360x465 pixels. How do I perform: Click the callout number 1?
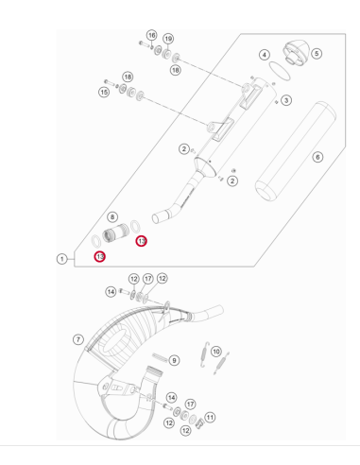pos(62,259)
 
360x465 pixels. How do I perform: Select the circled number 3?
pos(286,100)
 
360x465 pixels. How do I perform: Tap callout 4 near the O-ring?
pos(265,55)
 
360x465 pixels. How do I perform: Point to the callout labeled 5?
pos(317,54)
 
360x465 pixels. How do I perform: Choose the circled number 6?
pos(317,157)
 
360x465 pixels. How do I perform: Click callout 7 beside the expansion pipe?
pos(78,339)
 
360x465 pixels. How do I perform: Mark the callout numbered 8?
pos(112,216)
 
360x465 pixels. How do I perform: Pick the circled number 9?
pos(174,360)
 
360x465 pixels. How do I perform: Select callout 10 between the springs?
pos(215,352)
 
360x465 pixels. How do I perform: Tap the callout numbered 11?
pos(210,418)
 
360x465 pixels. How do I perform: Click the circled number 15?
pos(104,93)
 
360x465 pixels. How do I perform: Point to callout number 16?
pos(152,35)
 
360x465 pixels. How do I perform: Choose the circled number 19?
pos(168,39)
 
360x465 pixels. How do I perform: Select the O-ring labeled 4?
pos(280,71)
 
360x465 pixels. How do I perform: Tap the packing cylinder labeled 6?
pos(296,151)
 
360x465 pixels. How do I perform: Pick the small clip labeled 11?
pos(199,424)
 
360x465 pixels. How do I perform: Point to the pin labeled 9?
pos(161,358)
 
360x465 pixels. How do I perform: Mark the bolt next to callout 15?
pos(110,82)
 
